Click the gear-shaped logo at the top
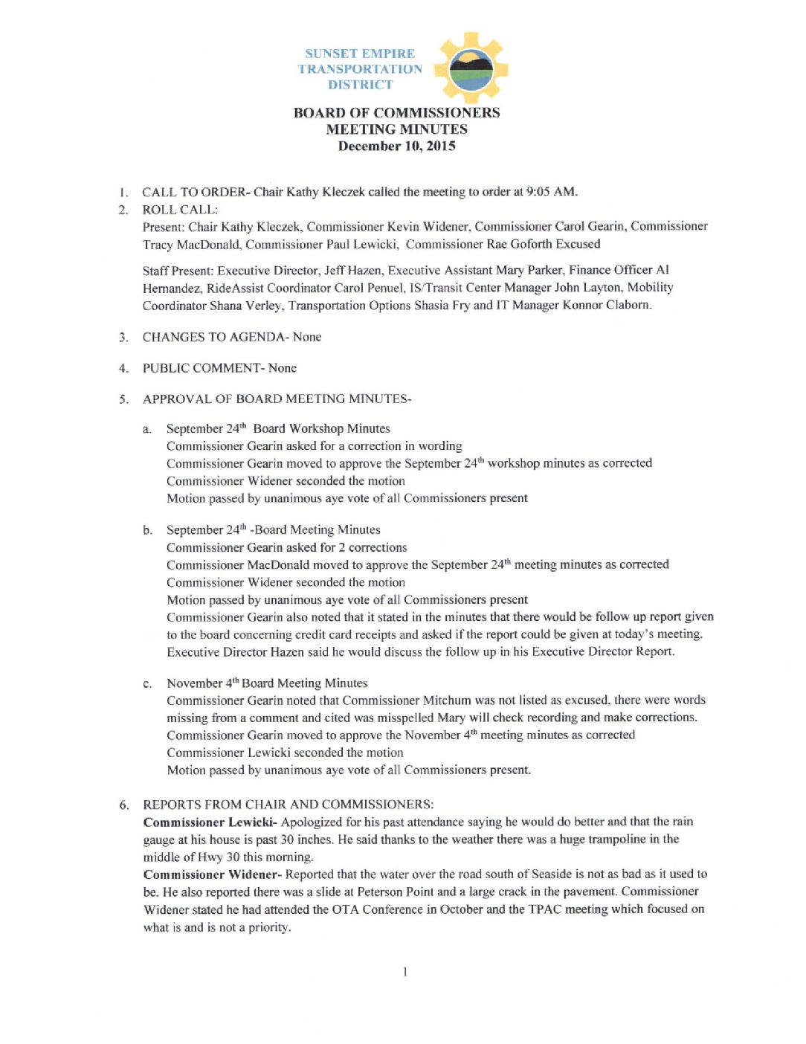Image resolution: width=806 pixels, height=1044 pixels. [470, 68]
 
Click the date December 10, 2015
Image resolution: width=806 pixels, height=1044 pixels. [396, 146]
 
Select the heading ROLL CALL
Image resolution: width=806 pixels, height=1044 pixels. [179, 210]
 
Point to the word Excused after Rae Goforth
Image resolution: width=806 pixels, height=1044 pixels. [578, 244]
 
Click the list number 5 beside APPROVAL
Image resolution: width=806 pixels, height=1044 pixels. [123, 399]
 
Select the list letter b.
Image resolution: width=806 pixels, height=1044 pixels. [147, 530]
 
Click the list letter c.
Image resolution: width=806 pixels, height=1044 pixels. [147, 684]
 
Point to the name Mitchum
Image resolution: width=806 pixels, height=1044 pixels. [447, 700]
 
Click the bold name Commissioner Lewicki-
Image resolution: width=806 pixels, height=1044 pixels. [210, 822]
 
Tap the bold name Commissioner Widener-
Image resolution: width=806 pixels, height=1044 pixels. [212, 874]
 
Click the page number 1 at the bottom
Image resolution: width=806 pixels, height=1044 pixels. [404, 972]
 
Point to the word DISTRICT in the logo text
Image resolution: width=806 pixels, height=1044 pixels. [360, 85]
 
